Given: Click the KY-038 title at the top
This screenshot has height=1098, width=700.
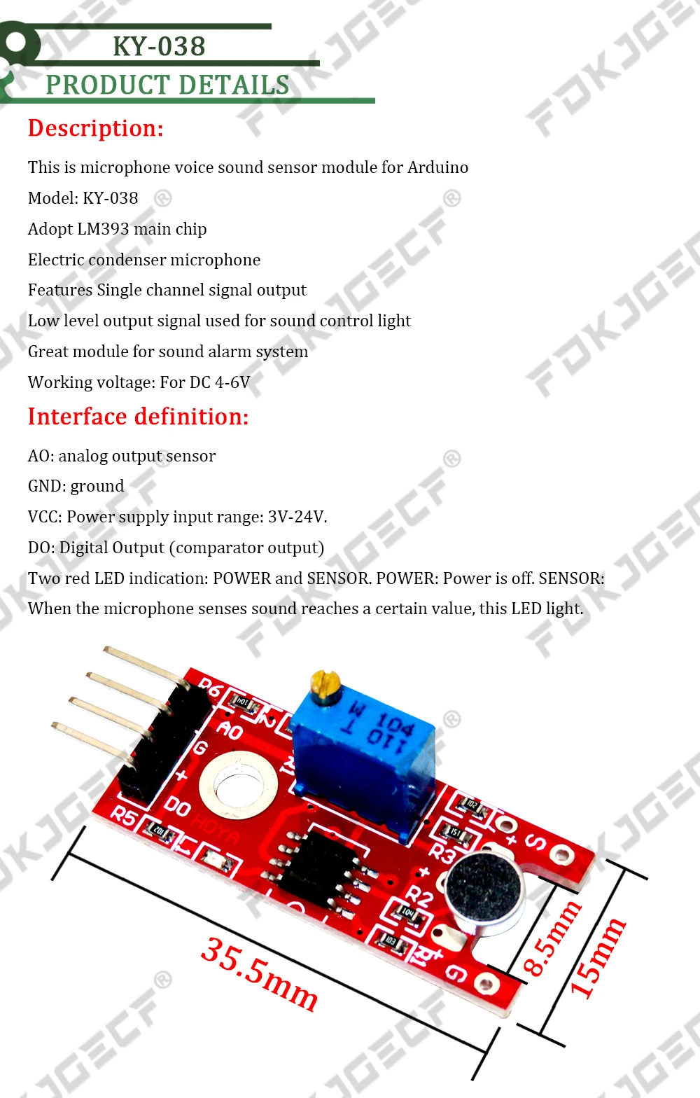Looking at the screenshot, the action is [x=159, y=46].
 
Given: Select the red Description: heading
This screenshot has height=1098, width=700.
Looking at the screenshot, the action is [x=95, y=128].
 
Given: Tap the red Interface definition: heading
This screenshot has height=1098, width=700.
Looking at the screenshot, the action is [x=138, y=417].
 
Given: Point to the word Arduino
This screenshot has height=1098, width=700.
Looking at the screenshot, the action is [x=438, y=167].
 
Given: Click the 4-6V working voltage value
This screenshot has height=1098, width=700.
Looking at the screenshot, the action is [x=232, y=382].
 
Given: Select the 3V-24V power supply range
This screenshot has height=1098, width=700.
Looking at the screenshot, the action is [x=296, y=517].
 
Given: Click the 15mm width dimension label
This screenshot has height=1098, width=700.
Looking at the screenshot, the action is [x=598, y=958].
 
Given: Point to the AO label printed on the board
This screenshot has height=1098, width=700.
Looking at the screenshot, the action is [x=230, y=730].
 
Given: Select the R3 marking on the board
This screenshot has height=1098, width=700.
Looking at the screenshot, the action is [x=442, y=854].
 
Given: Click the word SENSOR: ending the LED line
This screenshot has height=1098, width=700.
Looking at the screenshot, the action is [x=572, y=578].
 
